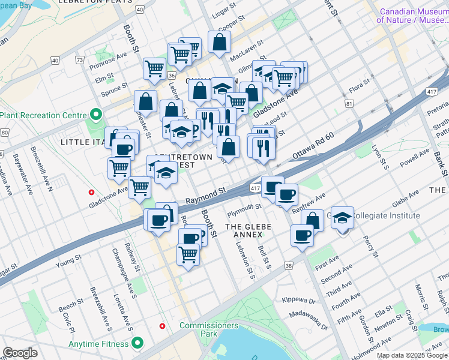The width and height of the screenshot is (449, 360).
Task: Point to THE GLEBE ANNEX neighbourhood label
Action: point(249,226)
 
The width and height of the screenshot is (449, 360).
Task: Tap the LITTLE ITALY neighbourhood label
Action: point(83,142)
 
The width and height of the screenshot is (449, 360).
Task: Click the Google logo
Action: point(20,352)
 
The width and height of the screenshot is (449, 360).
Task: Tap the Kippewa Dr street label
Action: point(298,299)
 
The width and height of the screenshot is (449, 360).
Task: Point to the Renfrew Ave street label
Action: point(309,204)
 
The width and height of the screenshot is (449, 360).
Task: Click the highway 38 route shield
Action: point(289,265)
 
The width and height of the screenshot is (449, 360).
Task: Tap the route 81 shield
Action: point(349,104)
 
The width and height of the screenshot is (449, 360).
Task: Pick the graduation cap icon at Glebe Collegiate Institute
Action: point(342,218)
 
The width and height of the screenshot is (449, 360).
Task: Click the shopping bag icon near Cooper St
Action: point(220,41)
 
